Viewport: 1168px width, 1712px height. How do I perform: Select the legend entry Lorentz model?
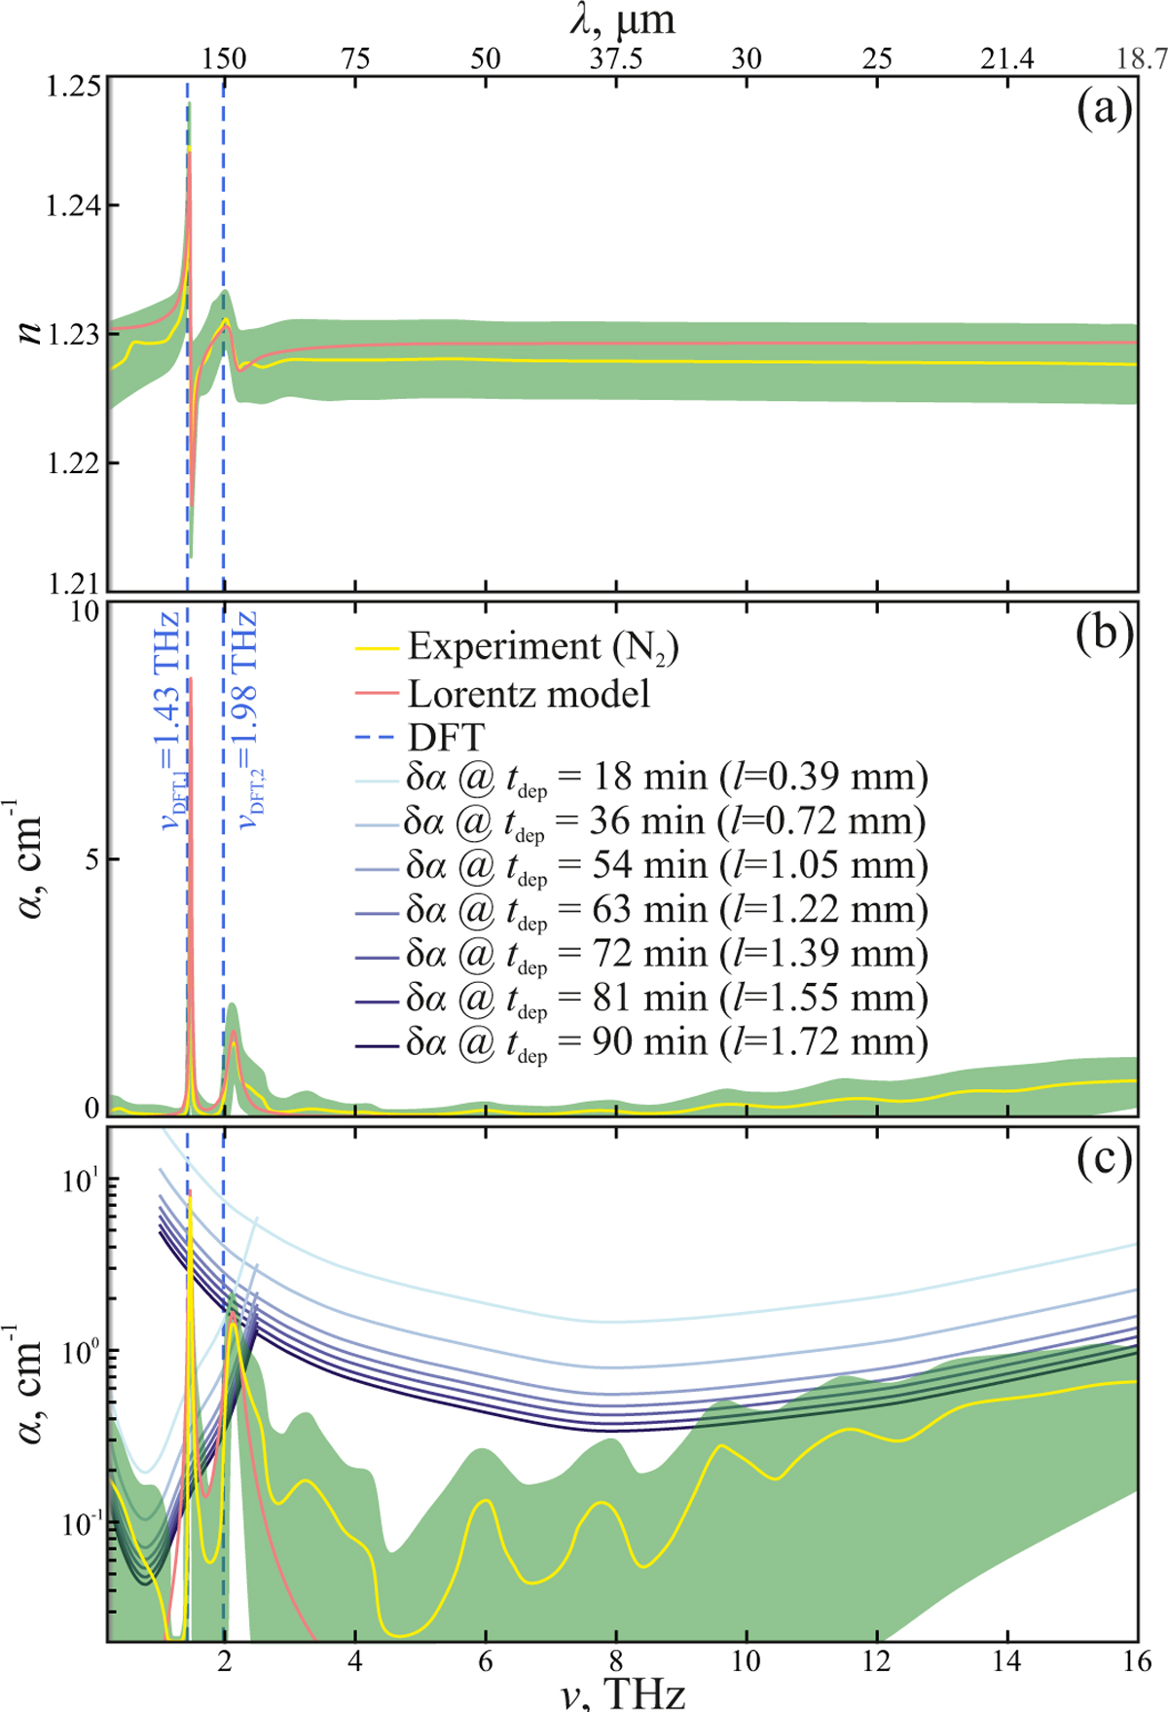click(x=529, y=694)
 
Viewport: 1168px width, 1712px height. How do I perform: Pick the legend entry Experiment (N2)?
click(x=542, y=647)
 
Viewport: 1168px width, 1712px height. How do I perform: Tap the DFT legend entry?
click(x=446, y=738)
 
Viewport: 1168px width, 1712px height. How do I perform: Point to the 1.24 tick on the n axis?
click(x=76, y=205)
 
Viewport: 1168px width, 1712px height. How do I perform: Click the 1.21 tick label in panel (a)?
click(x=76, y=585)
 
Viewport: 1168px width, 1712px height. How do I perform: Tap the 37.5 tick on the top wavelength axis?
click(x=615, y=58)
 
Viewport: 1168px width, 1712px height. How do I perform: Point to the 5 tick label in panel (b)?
click(x=91, y=859)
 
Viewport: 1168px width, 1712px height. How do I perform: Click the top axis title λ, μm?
click(x=623, y=19)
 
